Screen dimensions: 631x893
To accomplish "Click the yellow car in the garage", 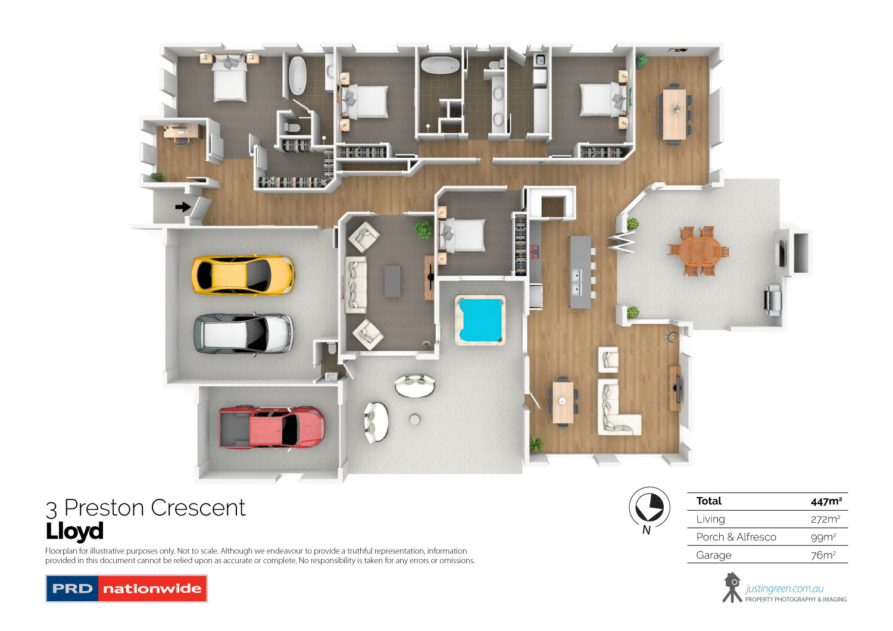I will pos(243,275).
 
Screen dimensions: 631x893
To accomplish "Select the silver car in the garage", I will pos(243,334).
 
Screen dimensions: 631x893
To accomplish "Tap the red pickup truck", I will pos(271,427).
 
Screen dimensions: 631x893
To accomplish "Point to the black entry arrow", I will pos(183,207).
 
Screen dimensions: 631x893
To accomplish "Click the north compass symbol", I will pos(649,508).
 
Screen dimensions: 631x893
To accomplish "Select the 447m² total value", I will pos(826,501).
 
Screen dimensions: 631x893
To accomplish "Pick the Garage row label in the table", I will pos(714,555).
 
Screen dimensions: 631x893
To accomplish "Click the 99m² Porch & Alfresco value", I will pos(823,537).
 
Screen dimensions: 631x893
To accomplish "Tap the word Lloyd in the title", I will pos(75,531).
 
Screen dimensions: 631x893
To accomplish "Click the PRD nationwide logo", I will pos(126,589).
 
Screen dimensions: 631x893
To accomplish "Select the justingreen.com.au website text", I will pos(784,589).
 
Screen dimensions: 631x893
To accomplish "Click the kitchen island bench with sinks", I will pos(580,271).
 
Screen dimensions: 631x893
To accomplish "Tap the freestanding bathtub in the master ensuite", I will pos(297,75).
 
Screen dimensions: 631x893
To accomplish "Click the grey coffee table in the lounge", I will pos(392,281).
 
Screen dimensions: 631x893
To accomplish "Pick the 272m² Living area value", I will pos(825,519).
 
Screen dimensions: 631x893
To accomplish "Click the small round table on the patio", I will pos(415,420).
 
